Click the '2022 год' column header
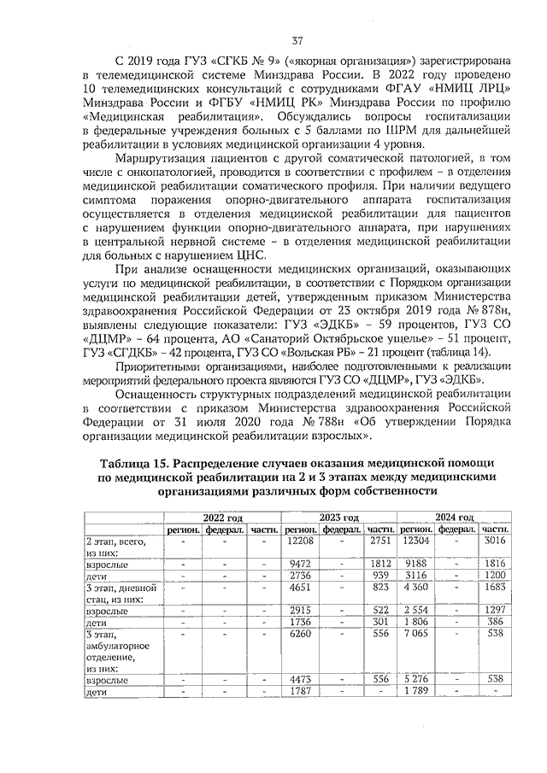click(223, 518)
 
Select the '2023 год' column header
click(338, 518)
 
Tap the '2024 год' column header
click(454, 518)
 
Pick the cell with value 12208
click(301, 541)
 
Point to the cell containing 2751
click(379, 541)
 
